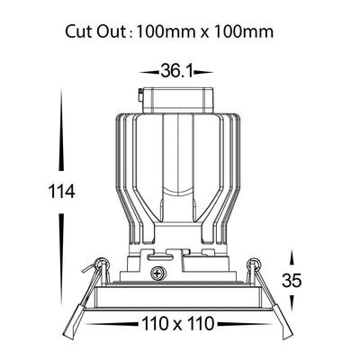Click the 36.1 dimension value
[x=177, y=71]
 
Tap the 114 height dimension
[x=61, y=192]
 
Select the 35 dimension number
[x=291, y=281]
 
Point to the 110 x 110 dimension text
[x=178, y=324]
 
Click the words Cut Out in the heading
[x=94, y=31]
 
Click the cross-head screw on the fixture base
[x=157, y=273]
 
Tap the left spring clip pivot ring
[x=102, y=263]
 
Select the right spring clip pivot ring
[x=254, y=263]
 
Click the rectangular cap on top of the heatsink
[x=178, y=100]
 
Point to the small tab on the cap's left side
[x=140, y=96]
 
